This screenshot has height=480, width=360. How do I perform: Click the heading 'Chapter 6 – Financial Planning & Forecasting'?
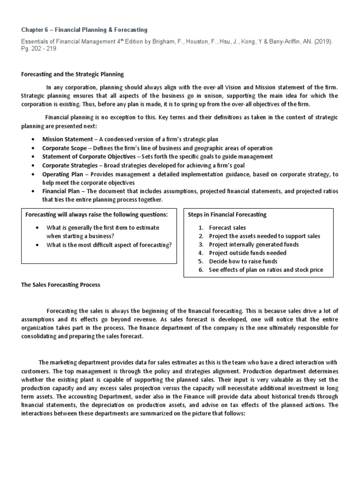[x=84, y=30]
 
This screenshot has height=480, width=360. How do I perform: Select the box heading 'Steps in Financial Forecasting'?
[x=227, y=215]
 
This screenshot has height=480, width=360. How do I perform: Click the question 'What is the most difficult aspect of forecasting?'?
[x=109, y=245]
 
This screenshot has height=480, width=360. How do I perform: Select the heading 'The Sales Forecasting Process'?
[x=61, y=285]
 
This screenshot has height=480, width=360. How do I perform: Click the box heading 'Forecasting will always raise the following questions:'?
[x=96, y=215]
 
